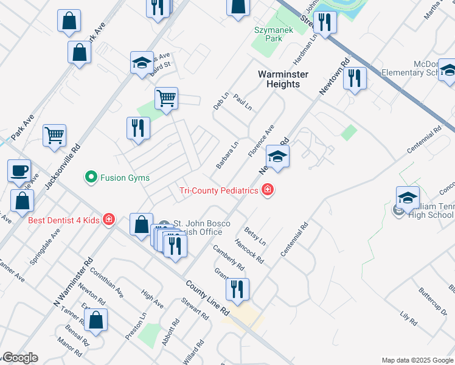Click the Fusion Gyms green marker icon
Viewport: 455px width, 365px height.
pos(91,178)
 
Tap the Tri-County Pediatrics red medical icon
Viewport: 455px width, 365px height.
pos(267,191)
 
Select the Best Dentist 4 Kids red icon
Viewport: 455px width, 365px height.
pos(109,219)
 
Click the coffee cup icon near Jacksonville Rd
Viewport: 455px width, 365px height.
pos(19,170)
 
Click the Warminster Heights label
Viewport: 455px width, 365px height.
pos(283,79)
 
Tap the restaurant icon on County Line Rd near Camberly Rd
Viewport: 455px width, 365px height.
pos(237,290)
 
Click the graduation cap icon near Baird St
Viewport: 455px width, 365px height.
pos(142,63)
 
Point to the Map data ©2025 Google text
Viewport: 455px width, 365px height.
pos(417,360)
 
